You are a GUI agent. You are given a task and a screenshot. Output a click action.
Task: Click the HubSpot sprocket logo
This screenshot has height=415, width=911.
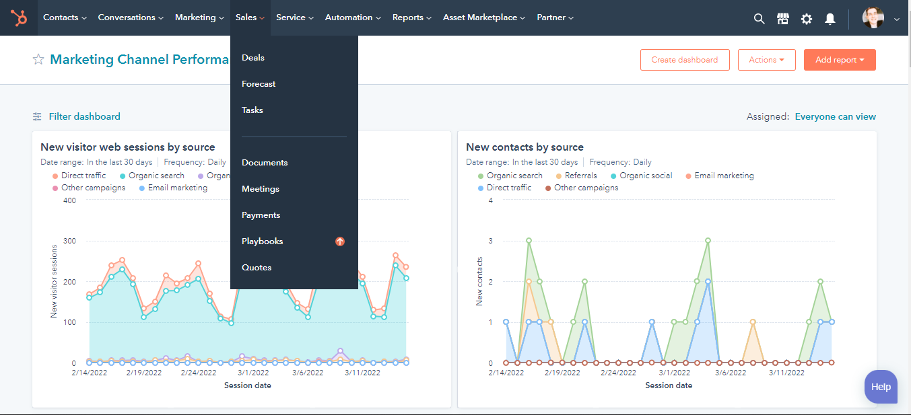point(19,18)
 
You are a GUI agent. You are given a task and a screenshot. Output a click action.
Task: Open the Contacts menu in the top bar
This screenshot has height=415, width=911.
point(65,17)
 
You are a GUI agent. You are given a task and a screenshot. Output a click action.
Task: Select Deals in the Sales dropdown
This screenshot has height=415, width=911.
point(253,58)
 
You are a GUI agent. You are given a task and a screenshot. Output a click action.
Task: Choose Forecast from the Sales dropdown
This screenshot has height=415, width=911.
point(259,84)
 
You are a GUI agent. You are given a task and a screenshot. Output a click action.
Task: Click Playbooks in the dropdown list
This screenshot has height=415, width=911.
point(262,241)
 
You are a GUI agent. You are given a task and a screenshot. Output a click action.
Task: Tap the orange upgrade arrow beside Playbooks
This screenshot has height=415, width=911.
point(340,241)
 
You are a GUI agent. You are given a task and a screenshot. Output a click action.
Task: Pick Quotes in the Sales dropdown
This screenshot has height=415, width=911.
point(257,268)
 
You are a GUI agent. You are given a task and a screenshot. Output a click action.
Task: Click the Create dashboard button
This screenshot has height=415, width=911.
point(684,60)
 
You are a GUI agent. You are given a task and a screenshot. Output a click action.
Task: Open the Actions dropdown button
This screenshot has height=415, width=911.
point(766,60)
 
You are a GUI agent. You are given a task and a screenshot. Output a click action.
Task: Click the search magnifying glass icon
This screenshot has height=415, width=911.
point(759,19)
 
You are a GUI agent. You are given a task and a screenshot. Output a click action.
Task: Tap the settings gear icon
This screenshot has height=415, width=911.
point(807,19)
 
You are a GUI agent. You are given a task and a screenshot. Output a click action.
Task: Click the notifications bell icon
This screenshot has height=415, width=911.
point(830,19)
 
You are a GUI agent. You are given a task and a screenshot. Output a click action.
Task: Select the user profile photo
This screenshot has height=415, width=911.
point(873,18)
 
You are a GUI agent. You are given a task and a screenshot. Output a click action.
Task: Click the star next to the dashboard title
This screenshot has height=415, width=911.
point(38,60)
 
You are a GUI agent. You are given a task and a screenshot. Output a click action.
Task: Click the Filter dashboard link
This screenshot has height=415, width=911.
point(84,116)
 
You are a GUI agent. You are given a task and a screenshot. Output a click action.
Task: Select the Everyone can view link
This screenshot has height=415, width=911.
point(835,116)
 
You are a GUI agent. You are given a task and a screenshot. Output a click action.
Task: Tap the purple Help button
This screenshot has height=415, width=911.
point(881,387)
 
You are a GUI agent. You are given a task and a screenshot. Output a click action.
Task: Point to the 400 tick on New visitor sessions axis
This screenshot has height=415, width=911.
point(69,200)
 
